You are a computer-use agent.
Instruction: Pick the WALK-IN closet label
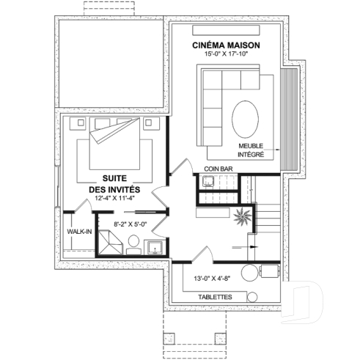tap(78, 231)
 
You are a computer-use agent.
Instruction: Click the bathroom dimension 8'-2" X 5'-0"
tap(131, 224)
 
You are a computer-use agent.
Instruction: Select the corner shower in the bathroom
tap(111, 242)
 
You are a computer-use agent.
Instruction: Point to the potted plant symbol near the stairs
tap(240, 216)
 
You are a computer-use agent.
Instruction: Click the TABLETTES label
tap(216, 296)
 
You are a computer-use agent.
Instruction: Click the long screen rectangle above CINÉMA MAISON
tap(225, 27)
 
